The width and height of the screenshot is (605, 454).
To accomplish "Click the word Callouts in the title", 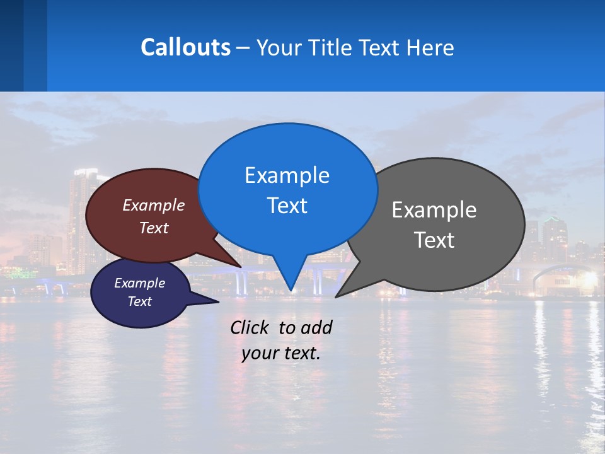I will [x=185, y=47].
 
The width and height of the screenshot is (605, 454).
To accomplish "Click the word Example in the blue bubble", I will [x=287, y=175].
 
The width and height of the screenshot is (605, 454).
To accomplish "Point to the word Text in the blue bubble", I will [x=287, y=206].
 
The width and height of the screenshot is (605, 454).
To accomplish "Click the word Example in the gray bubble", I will [x=434, y=210].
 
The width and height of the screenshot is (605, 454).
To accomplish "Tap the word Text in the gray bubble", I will [x=434, y=240].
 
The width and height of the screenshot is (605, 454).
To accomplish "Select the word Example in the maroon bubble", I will [x=153, y=205].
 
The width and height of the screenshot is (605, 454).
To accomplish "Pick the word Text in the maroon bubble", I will [x=153, y=228].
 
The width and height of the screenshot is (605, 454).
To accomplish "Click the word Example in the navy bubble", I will [x=139, y=283].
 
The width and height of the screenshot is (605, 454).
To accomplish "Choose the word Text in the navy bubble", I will [x=139, y=301].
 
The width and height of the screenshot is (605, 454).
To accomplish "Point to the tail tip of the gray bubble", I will [x=337, y=296].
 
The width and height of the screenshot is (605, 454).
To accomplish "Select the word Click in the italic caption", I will [x=250, y=327].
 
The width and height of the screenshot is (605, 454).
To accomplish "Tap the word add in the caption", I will [x=316, y=327].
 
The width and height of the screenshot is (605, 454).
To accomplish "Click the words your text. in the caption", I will [x=281, y=353].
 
